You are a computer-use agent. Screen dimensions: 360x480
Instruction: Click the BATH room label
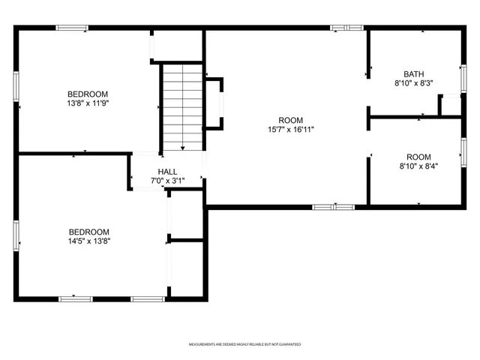(413, 73)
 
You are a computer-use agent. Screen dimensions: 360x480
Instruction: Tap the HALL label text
(167, 172)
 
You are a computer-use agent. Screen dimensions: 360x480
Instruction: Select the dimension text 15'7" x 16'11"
(290, 130)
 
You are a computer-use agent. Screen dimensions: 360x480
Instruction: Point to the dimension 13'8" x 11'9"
(89, 104)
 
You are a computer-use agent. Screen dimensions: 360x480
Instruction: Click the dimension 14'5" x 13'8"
(89, 241)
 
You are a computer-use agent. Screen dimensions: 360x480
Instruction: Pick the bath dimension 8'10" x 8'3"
(413, 83)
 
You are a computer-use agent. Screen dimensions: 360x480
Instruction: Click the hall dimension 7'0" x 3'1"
(167, 181)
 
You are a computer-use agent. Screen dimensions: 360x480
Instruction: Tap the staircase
(182, 106)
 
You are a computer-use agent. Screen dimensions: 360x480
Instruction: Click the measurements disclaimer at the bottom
(244, 344)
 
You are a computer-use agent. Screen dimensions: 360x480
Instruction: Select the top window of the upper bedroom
(72, 28)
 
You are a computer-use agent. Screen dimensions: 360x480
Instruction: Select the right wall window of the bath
(463, 77)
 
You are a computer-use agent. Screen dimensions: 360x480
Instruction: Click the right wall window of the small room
(463, 151)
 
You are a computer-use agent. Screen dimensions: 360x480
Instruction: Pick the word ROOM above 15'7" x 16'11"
(290, 120)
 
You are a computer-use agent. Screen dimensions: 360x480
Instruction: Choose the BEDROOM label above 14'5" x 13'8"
(89, 232)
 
